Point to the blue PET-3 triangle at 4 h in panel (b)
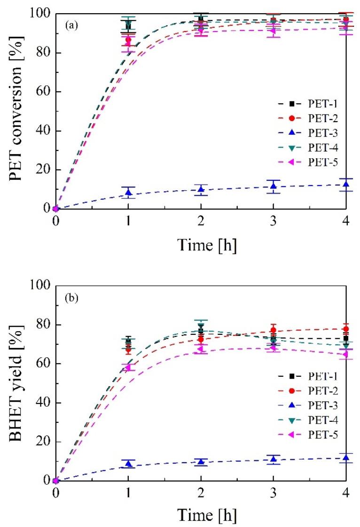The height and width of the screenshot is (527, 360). coord(346,458)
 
